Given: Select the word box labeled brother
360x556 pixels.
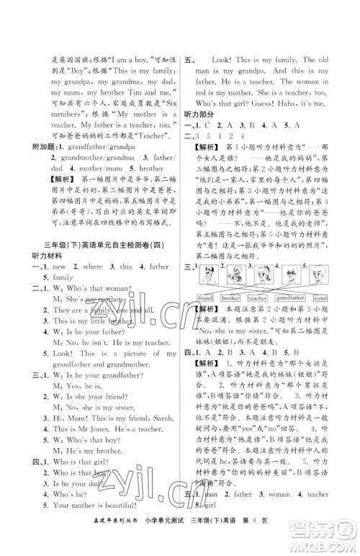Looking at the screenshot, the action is point(230,297).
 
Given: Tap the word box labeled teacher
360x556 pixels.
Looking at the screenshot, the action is point(258,297).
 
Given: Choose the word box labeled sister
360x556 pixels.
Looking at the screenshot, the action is point(321,297).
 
